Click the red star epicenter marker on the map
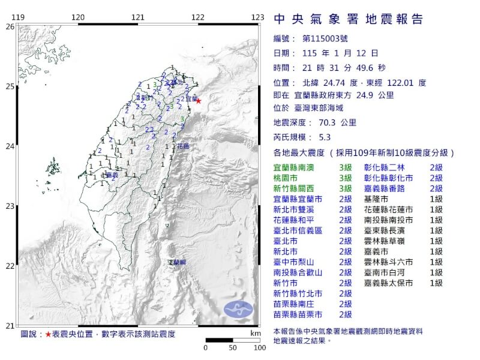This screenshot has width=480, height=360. pyautogui.click(x=198, y=101)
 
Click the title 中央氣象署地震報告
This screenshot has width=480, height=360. pyautogui.click(x=349, y=20)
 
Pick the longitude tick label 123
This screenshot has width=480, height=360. pyautogui.click(x=258, y=17)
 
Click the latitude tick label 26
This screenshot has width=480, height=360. pyautogui.click(x=9, y=26)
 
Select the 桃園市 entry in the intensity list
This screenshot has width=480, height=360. pyautogui.click(x=287, y=178)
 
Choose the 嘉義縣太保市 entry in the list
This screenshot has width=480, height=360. pyautogui.click(x=388, y=283)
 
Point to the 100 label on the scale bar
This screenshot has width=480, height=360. pyautogui.click(x=259, y=347)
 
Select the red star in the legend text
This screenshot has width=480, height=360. pyautogui.click(x=48, y=334)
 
